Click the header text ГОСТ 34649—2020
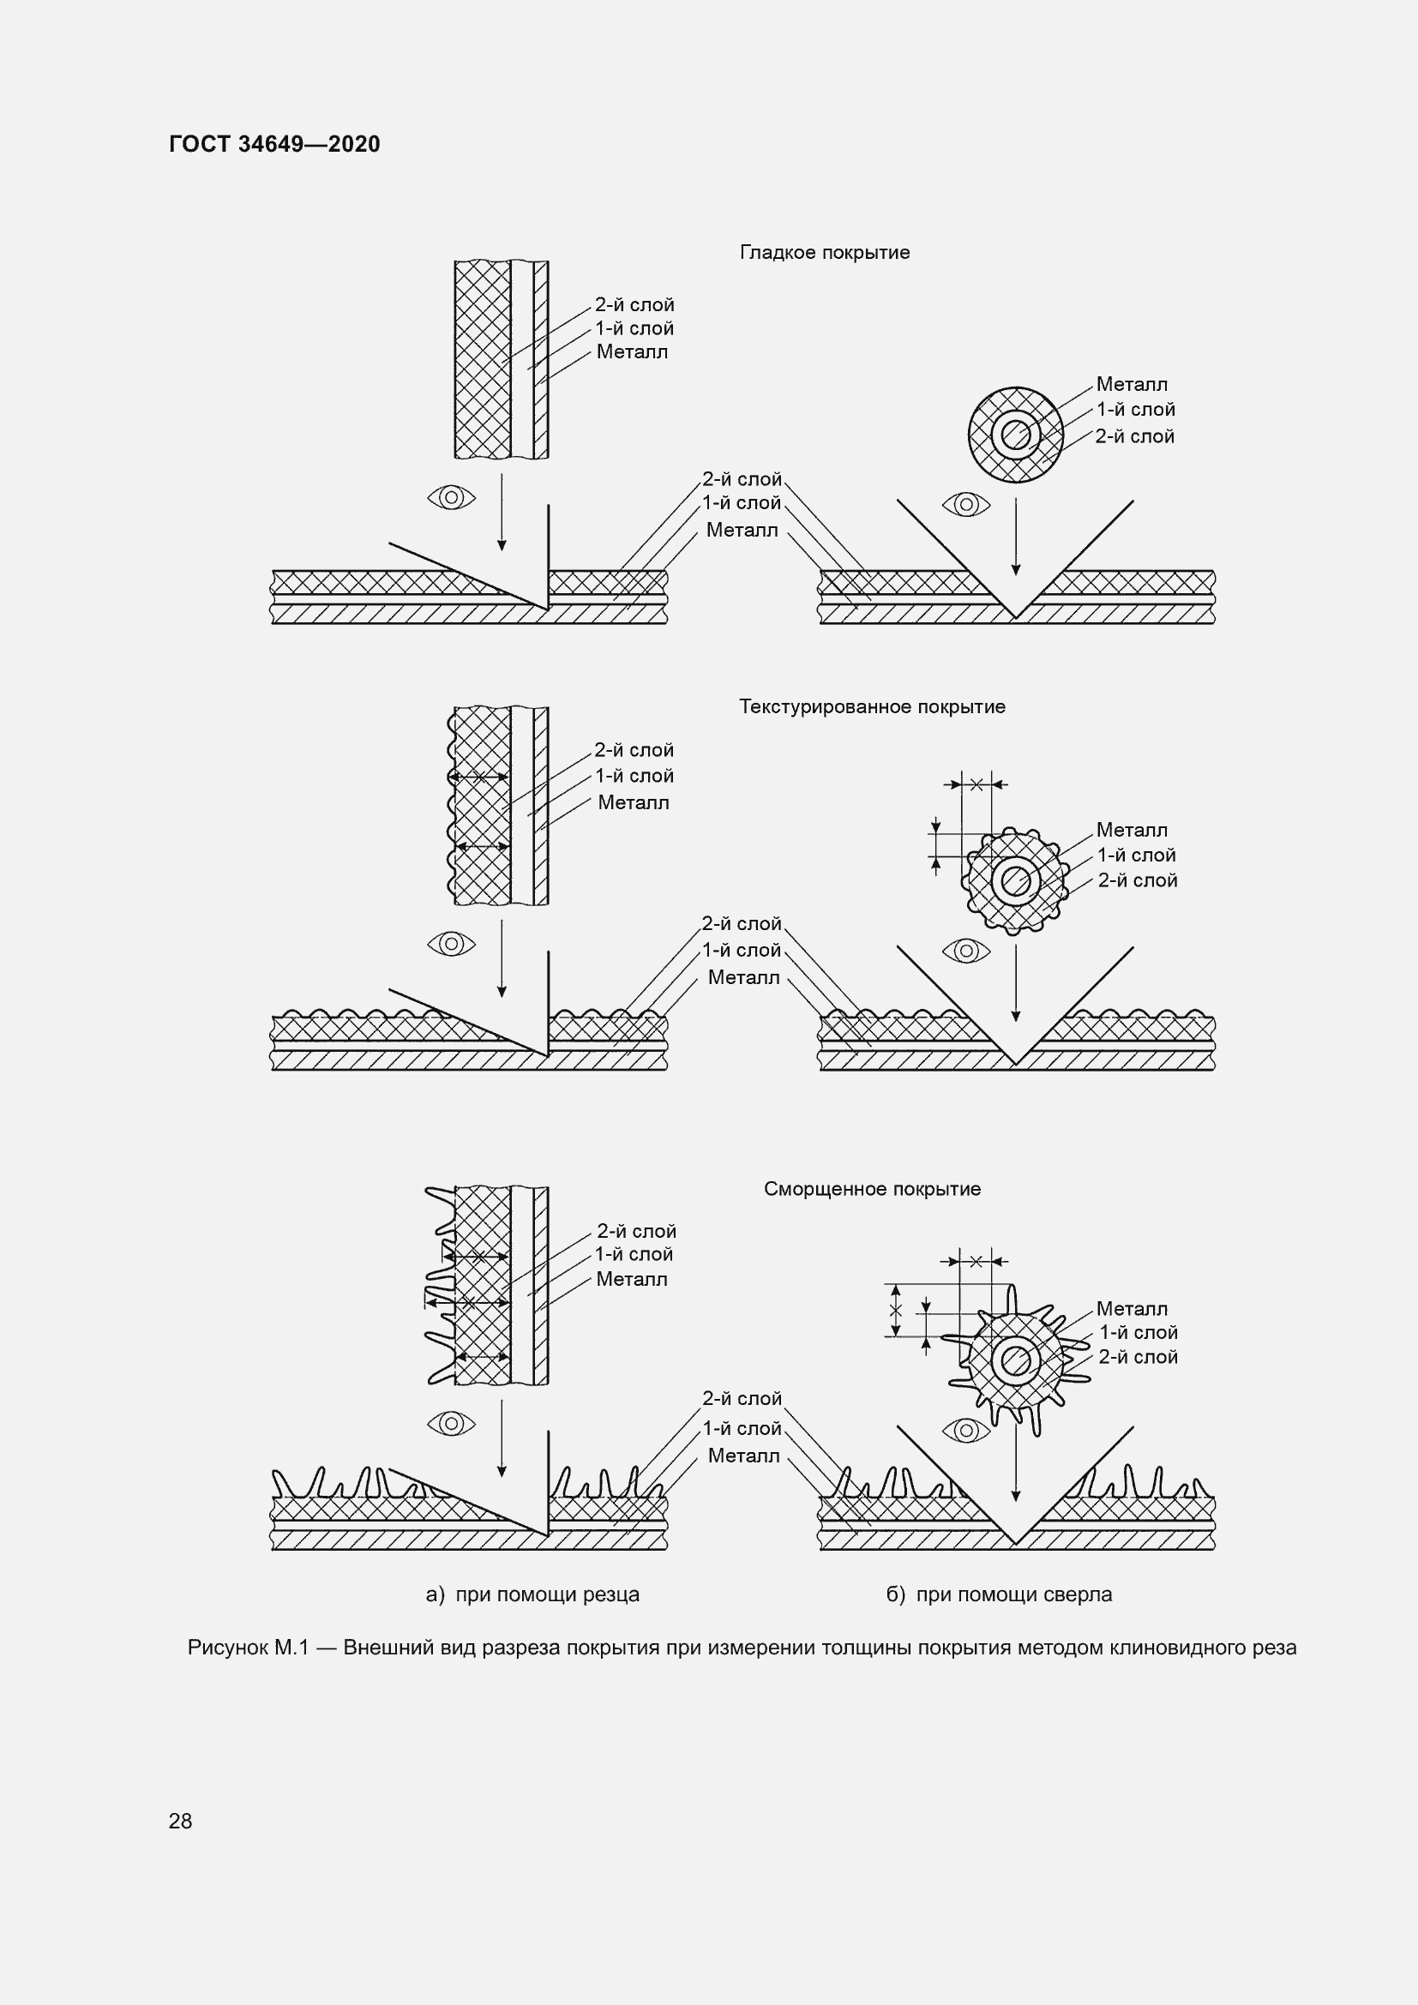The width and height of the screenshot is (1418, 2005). (x=275, y=144)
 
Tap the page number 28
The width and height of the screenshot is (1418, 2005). (x=181, y=1821)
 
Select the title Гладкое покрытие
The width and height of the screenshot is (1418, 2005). (x=825, y=252)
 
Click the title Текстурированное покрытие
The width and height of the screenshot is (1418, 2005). (x=872, y=706)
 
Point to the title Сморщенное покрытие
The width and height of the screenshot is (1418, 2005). (x=872, y=1188)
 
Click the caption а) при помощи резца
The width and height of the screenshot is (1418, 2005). (x=532, y=1594)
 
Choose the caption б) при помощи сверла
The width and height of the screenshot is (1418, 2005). (x=999, y=1594)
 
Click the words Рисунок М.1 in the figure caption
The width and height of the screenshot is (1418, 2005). (x=249, y=1648)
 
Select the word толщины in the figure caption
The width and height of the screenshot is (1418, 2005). (x=777, y=1648)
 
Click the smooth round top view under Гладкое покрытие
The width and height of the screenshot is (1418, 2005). (x=1015, y=435)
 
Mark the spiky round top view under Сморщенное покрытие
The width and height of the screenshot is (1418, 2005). (x=1015, y=1360)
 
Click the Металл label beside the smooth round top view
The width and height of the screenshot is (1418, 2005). (x=1132, y=384)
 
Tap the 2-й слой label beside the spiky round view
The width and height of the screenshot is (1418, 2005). (x=1138, y=1357)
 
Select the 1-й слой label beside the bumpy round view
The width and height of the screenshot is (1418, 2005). (x=1136, y=855)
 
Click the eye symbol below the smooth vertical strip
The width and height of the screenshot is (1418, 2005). (x=452, y=498)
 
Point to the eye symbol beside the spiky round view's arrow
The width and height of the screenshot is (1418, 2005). (x=966, y=1430)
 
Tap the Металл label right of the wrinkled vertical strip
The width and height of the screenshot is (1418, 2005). (x=632, y=1279)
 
